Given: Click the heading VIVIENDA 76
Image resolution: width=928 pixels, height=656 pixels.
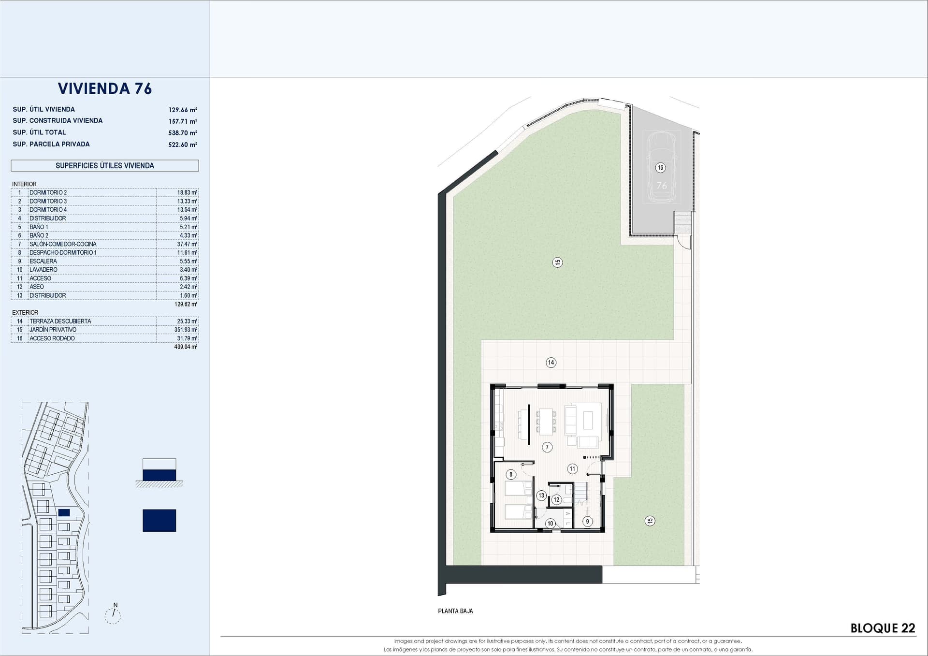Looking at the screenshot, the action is (105, 88).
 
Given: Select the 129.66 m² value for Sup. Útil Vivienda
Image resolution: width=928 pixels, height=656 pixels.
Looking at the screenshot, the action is (183, 110).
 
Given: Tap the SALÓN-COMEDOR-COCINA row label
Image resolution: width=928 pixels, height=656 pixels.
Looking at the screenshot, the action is (63, 244).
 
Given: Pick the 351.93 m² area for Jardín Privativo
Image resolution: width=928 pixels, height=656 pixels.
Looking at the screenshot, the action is (187, 330).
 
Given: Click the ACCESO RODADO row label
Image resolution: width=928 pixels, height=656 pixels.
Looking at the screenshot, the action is (52, 338).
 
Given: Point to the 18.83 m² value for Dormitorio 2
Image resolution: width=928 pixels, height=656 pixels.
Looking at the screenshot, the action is (187, 192).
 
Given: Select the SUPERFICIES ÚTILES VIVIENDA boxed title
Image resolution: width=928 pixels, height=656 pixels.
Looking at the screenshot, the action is (105, 165).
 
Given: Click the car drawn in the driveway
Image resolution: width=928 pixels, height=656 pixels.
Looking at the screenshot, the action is (661, 166).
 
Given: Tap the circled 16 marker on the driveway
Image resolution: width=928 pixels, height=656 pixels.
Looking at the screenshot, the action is (660, 168).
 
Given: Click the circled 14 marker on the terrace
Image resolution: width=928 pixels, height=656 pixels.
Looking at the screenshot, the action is (551, 363).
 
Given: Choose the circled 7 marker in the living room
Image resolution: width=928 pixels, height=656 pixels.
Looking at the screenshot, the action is (547, 447).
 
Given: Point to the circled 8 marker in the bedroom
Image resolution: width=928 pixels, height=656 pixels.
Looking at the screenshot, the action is (510, 474).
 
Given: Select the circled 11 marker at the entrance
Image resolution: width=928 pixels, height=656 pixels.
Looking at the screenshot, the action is (572, 468).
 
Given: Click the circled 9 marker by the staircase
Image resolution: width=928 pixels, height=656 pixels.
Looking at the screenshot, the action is (587, 521).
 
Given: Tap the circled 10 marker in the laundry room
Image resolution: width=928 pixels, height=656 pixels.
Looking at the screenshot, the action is (550, 524).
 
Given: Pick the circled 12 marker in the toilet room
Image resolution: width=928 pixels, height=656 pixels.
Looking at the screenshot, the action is (556, 500).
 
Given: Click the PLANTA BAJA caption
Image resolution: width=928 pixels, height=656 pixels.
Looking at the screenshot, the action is (455, 611).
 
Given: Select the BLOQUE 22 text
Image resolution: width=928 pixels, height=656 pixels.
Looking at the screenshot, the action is (883, 628).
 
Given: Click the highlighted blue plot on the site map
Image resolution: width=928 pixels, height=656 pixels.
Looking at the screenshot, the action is (64, 513).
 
